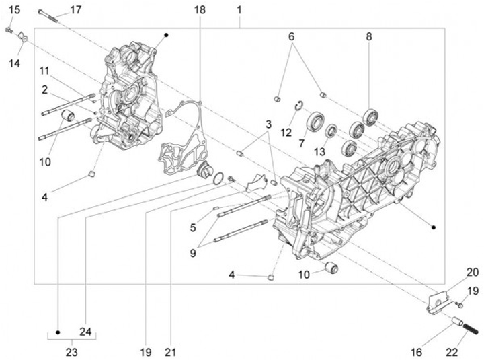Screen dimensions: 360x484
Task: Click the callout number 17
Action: click(75, 9)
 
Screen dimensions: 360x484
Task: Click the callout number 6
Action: click(292, 36)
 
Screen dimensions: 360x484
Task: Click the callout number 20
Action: click(472, 272)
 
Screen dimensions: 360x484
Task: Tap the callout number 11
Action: click(44, 71)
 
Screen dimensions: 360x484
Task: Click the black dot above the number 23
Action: click(58, 332)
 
